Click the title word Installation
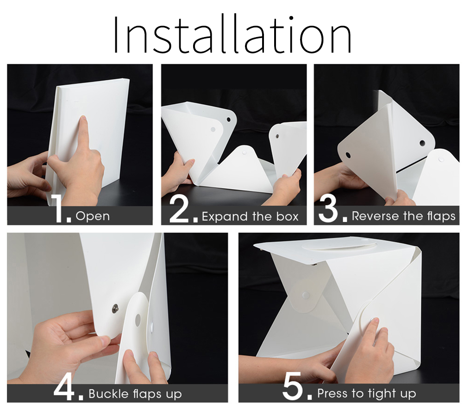coord(232,35)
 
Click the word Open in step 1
coord(93,216)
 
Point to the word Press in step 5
coord(332,393)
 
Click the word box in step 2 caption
coord(287,216)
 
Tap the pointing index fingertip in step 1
coord(84,119)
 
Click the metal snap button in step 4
coord(114,309)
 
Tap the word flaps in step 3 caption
coord(441,216)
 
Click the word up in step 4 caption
coord(174,395)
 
